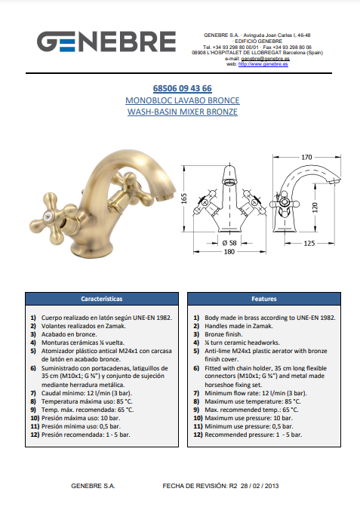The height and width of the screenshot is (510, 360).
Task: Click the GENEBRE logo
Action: point(106,41)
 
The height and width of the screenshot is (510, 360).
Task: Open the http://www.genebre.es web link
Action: point(263,64)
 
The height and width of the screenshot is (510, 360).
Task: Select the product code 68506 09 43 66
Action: point(183,88)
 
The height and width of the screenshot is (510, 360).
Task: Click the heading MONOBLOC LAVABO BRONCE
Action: point(183,100)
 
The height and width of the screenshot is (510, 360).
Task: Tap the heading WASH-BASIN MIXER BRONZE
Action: point(183,112)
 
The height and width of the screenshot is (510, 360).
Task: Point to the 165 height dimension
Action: point(184,198)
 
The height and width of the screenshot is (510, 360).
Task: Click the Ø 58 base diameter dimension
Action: point(229,243)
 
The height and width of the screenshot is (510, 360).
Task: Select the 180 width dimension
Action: point(229,251)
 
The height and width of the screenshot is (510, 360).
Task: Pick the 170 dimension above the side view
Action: point(306,158)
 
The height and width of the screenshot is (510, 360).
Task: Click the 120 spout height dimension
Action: point(315,207)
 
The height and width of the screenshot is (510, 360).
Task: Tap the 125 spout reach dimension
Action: point(309,243)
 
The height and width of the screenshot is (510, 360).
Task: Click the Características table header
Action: point(102,299)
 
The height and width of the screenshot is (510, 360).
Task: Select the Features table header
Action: point(264,299)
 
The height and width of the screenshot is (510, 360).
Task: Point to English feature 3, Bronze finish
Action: point(223,334)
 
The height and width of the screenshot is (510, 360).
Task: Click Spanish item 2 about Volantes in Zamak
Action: point(83,326)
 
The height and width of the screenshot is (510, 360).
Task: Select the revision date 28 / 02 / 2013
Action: point(260,486)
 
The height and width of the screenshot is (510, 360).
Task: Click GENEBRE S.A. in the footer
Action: point(93,486)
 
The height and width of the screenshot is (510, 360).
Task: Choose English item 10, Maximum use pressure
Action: point(248,418)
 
